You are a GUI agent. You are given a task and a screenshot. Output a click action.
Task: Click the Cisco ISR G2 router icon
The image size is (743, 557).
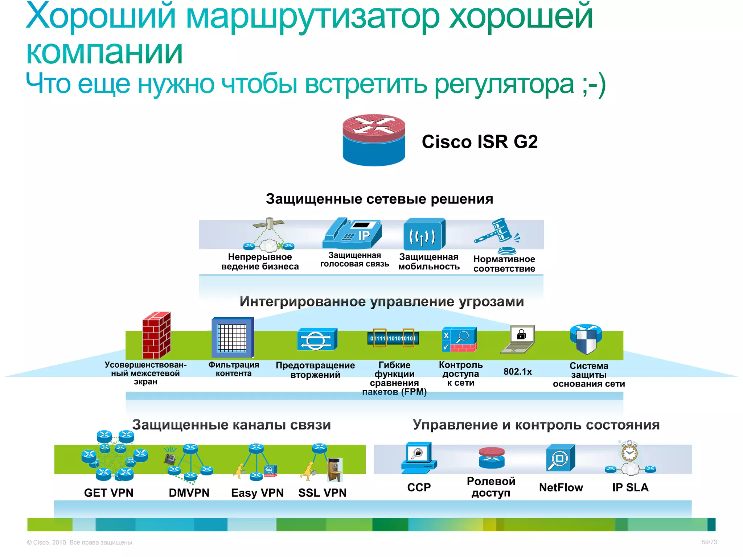click(374, 140)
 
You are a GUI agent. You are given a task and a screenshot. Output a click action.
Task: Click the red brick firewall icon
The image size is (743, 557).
click(156, 335)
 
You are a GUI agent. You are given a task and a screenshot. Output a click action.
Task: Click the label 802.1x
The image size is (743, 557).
click(517, 372)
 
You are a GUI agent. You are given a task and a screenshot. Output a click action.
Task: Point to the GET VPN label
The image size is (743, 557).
click(109, 493)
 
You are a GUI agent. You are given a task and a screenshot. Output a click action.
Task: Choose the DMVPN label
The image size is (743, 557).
click(189, 493)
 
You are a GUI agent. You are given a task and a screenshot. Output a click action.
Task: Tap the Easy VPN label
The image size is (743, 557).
click(257, 493)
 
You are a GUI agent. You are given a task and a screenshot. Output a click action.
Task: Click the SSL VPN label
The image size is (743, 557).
click(322, 493)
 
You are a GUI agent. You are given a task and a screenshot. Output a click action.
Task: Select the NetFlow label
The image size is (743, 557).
click(561, 487)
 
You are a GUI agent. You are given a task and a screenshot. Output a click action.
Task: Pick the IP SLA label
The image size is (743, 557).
click(630, 487)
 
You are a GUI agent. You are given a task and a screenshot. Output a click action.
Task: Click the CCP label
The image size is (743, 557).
click(419, 487)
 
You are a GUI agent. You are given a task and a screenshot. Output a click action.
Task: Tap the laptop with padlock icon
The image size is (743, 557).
click(518, 339)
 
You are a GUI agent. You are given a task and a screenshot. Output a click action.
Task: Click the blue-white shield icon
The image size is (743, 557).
click(586, 339)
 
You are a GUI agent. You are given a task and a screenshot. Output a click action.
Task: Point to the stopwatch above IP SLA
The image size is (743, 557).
click(629, 451)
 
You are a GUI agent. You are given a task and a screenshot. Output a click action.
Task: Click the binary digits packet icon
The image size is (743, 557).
click(393, 338)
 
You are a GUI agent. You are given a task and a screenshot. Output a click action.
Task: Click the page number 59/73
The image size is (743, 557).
click(709, 542)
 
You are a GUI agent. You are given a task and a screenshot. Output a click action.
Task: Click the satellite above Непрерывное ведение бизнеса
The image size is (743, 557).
click(269, 223)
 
